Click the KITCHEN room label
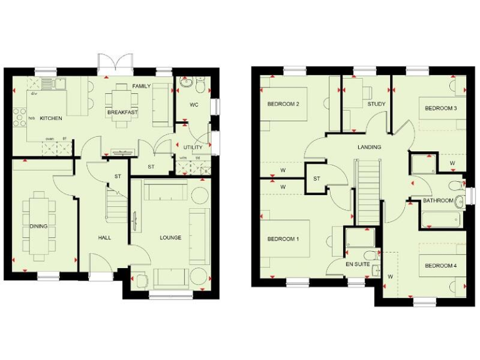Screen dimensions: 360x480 (x=51, y=117)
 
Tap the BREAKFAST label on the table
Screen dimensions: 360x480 (x=122, y=112)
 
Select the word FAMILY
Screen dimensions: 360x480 (x=142, y=86)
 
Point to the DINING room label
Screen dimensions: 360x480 (x=38, y=226)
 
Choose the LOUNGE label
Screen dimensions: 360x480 (x=170, y=237)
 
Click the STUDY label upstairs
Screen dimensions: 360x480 (x=376, y=104)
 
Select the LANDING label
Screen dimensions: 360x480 (x=369, y=147)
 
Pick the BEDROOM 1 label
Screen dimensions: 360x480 (x=283, y=239)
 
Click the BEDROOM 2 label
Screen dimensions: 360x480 (x=283, y=104)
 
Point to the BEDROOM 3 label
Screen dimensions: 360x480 (x=441, y=108)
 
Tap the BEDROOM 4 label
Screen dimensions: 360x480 (x=441, y=266)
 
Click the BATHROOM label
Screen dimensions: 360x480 (x=437, y=201)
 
